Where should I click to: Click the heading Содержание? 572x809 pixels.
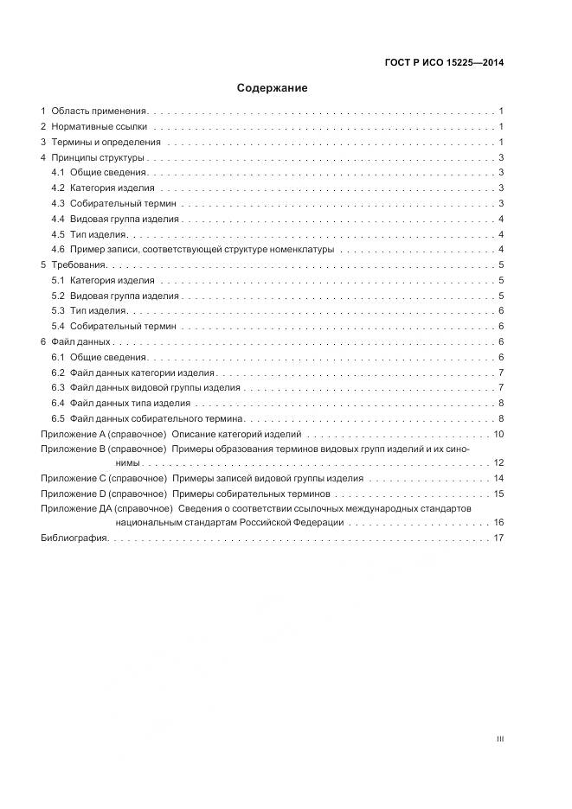tap(272, 88)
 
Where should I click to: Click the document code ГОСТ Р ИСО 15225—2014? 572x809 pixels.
tap(444, 62)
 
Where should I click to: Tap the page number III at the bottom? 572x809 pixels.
tap(499, 739)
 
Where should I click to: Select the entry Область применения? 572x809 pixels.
tap(100, 111)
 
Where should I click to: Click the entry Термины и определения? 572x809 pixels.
tap(106, 143)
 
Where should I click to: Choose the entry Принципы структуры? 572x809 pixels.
tap(97, 158)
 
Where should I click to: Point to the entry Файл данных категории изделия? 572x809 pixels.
tap(143, 373)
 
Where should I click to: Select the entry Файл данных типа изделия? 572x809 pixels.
tap(130, 404)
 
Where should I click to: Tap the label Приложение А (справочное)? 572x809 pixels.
tap(103, 434)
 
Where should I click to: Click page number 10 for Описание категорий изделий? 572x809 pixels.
tap(498, 434)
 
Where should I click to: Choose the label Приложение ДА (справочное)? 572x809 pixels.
tap(106, 508)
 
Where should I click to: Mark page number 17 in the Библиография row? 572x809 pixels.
tap(498, 538)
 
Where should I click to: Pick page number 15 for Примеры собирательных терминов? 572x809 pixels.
tap(498, 494)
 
